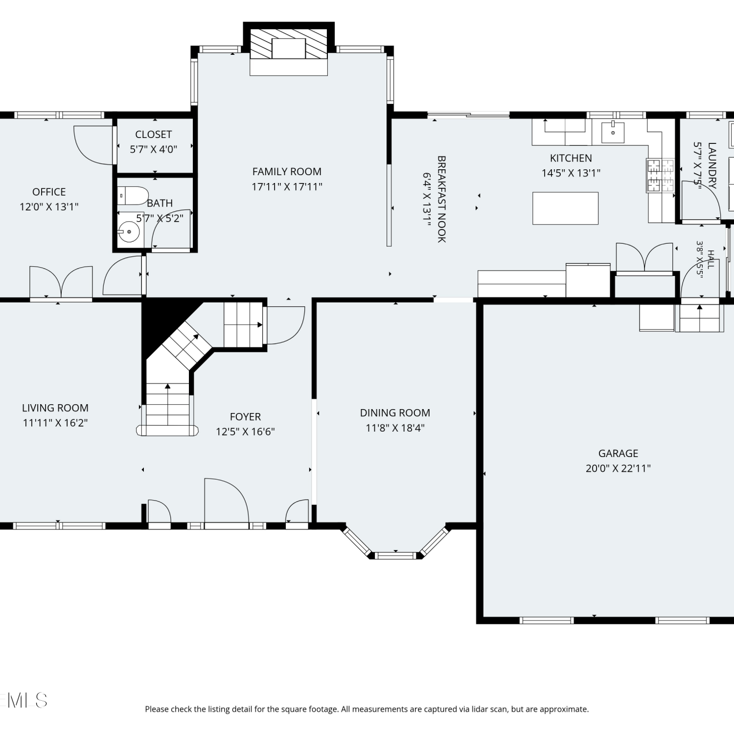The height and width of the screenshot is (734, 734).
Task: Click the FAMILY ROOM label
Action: tap(287, 172)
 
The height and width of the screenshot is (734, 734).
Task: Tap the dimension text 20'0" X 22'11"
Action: tap(618, 468)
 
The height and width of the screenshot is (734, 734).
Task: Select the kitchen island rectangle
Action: tap(565, 208)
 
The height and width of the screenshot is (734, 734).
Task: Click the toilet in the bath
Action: tap(133, 196)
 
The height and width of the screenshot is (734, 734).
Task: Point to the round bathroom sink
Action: tap(129, 231)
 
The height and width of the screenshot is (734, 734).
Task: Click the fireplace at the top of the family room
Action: tap(289, 51)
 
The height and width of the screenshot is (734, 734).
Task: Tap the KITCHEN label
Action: tap(571, 158)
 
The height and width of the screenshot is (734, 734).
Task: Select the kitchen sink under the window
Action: tap(613, 132)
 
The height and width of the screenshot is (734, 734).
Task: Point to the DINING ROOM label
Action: tap(395, 413)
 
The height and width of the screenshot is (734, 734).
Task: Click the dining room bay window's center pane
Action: tap(395, 555)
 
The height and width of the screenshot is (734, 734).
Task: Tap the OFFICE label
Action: tap(49, 192)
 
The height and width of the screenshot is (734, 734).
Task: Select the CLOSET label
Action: tap(154, 135)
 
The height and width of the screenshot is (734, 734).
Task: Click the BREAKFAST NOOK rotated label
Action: tap(441, 199)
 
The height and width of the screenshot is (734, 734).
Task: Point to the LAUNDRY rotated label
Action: tap(712, 165)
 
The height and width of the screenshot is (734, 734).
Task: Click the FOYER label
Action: tap(245, 417)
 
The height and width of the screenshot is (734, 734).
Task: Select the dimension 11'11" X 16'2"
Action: tap(55, 423)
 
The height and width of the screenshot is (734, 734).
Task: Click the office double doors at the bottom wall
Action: tap(61, 282)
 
